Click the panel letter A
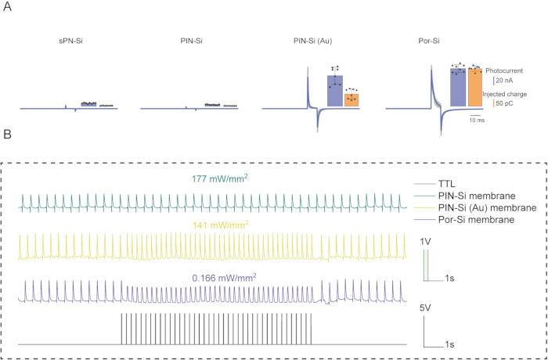pos(7,7)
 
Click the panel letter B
pos(7,135)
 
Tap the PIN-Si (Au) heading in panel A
pos(312,41)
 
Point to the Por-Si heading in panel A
pos(429,41)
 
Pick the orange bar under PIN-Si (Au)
pos(352,99)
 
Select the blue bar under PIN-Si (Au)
pos(335,91)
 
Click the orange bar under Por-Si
pos(475,88)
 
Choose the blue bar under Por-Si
pos(458,88)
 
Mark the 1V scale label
pos(428,242)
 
